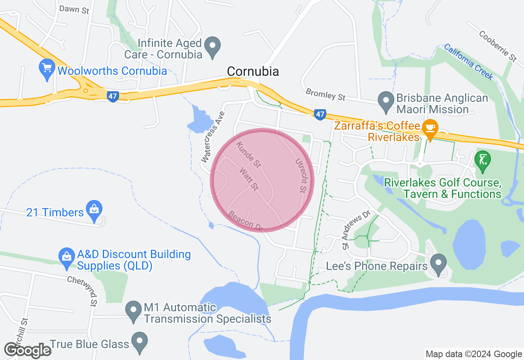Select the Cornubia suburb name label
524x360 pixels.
pyautogui.click(x=253, y=72)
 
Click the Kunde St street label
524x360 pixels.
pyautogui.click(x=248, y=155)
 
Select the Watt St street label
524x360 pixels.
pyautogui.click(x=249, y=179)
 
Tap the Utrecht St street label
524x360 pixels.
pyautogui.click(x=301, y=176)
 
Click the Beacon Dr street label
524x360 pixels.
pyautogui.click(x=245, y=221)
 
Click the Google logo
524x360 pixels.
pyautogui.click(x=27, y=350)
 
